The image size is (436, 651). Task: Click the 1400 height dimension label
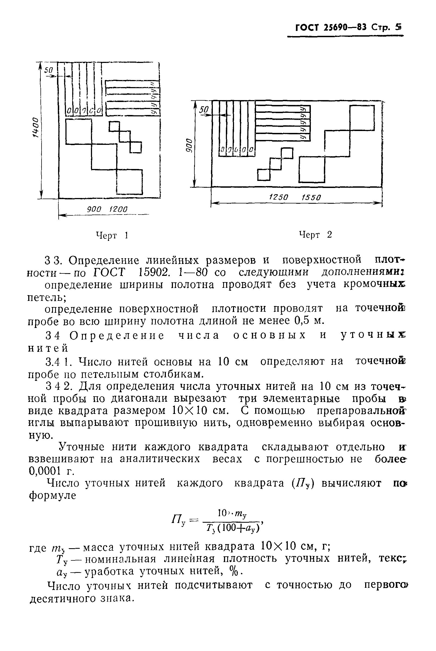[x=35, y=127]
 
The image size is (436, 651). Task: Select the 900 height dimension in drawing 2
[x=189, y=145]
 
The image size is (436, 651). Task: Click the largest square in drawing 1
[x=78, y=132]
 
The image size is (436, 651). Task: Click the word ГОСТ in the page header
[x=307, y=27]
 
